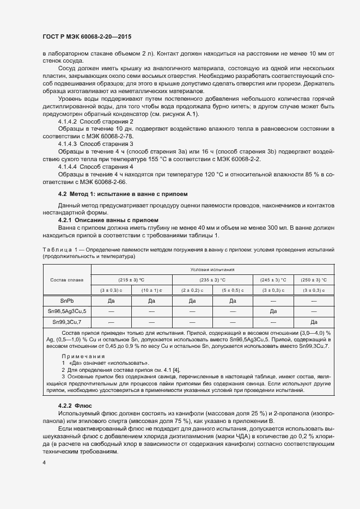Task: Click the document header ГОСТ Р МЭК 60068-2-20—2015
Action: [87, 36]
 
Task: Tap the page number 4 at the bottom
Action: [44, 462]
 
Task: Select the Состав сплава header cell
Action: [66, 280]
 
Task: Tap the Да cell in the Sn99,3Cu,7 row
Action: [313, 322]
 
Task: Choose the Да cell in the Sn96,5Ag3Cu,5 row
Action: [273, 311]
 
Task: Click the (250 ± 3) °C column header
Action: [313, 279]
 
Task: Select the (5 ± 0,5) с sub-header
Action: [233, 290]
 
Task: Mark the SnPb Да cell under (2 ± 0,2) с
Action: [192, 300]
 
